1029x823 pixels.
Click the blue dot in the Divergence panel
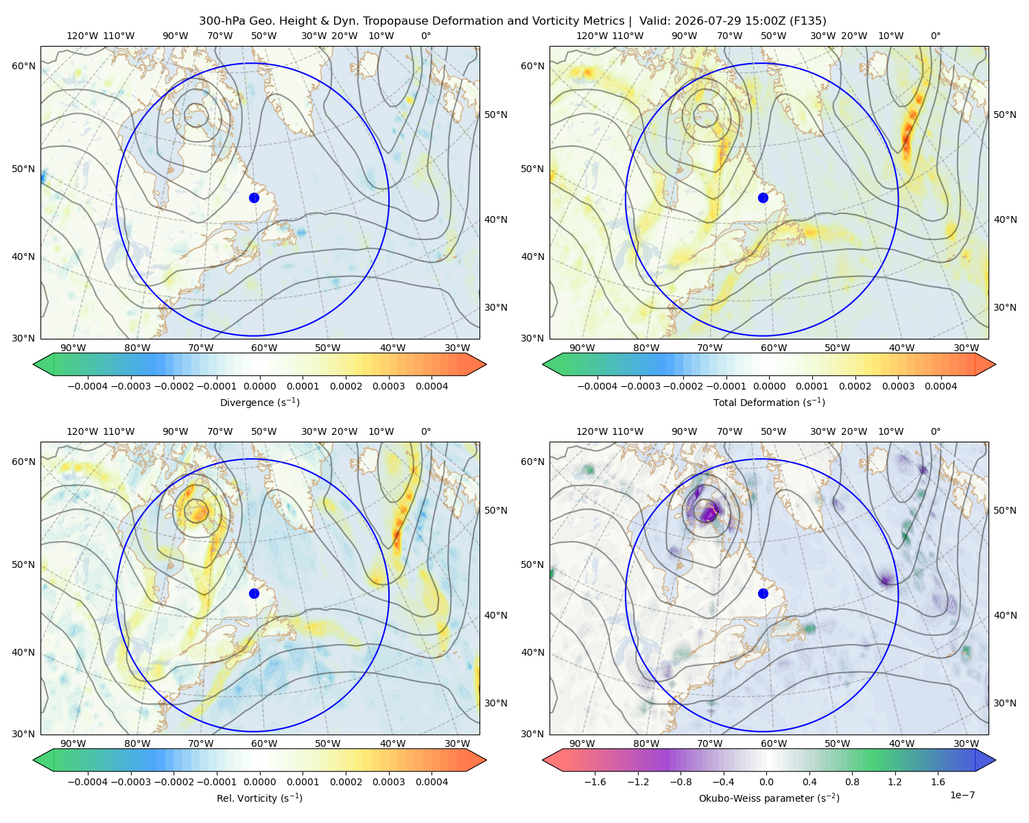[x=254, y=198]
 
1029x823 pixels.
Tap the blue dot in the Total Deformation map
[x=763, y=198]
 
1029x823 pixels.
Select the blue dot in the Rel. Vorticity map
[x=254, y=593]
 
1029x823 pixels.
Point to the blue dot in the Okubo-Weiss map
[x=763, y=593]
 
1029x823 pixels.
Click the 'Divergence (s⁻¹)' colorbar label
[x=259, y=402]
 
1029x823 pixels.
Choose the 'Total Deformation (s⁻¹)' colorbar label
[x=769, y=402]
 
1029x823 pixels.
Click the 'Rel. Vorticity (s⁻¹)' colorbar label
[x=259, y=798]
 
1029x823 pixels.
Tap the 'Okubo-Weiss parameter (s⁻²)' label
[x=769, y=798]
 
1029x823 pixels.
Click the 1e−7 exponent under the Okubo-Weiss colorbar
[x=962, y=795]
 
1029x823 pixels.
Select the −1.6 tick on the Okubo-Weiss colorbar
[x=595, y=782]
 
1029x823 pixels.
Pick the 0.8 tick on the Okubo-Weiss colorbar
[x=852, y=782]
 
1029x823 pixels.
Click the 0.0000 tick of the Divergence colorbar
[x=259, y=386]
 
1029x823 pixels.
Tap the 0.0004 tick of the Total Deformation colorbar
[x=941, y=386]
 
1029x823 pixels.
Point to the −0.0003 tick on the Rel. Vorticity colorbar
[x=130, y=782]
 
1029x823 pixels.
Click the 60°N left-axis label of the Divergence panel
[x=23, y=66]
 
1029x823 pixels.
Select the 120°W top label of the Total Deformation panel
[x=592, y=36]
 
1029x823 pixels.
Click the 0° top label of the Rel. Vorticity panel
[x=426, y=431]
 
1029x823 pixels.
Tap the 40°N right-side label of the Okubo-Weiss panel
[x=1005, y=615]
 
